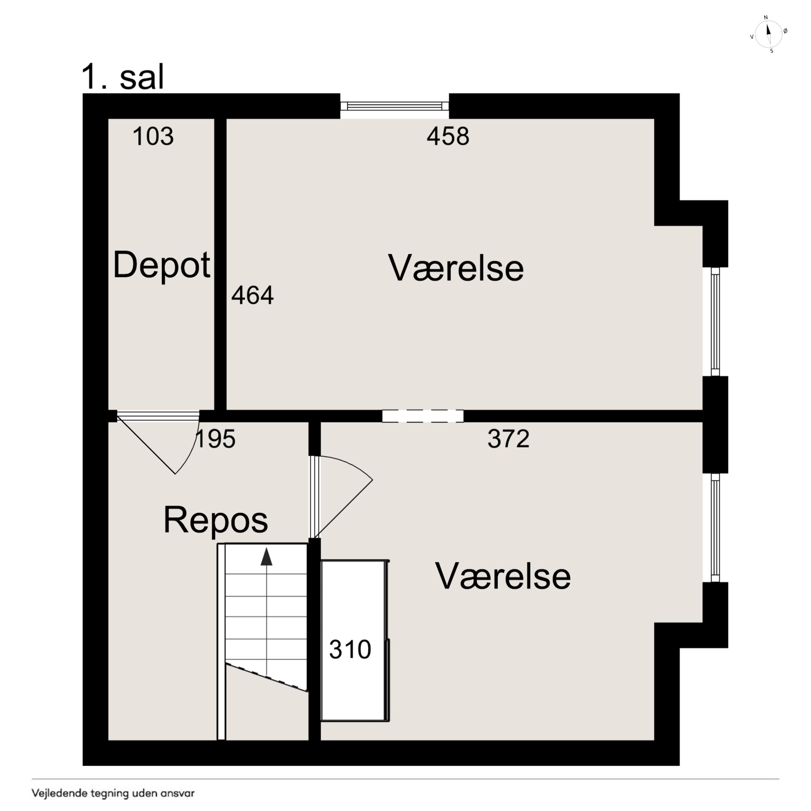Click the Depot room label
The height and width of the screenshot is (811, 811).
tap(162, 266)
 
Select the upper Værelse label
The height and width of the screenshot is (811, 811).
tap(456, 268)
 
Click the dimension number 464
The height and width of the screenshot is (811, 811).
tap(252, 295)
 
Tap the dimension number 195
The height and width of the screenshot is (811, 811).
tap(215, 439)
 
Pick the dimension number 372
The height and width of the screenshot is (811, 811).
tap(508, 439)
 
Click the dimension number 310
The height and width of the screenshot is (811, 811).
tap(350, 649)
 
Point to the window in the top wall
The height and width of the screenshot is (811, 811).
tap(394, 106)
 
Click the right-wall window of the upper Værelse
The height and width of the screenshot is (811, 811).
tap(715, 322)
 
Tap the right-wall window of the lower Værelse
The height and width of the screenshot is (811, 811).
tap(715, 528)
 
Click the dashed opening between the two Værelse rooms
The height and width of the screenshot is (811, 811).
tap(423, 415)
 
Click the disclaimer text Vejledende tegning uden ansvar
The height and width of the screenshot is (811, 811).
tap(113, 793)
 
